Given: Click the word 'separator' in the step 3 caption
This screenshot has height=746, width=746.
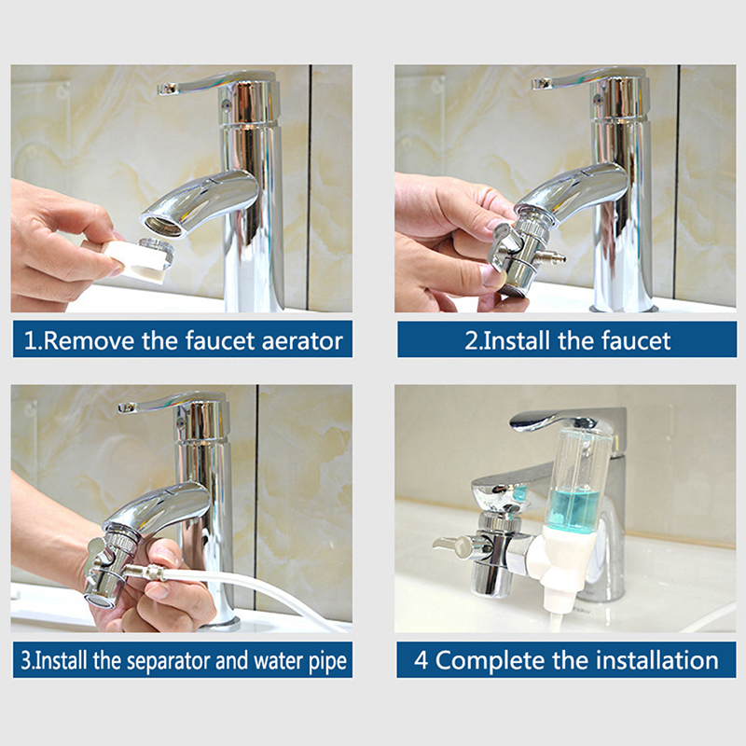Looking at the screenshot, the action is click(x=169, y=661).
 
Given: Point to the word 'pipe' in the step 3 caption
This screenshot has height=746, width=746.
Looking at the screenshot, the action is click(x=327, y=662).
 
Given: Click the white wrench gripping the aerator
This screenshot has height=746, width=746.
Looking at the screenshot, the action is click(x=126, y=258).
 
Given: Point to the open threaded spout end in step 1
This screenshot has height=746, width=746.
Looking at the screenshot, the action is click(x=163, y=226).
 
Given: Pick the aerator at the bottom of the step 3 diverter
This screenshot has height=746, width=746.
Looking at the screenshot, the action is click(x=100, y=601).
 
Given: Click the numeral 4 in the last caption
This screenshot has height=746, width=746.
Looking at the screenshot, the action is click(x=421, y=660).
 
